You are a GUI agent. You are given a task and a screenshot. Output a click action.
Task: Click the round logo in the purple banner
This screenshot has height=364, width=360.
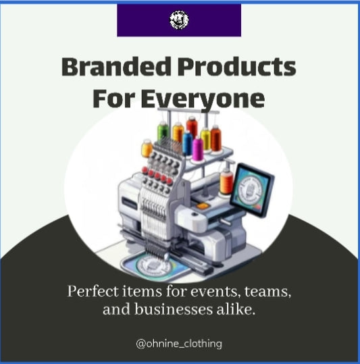click(179, 20)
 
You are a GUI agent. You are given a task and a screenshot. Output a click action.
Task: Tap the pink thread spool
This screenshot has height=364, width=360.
click(198, 149)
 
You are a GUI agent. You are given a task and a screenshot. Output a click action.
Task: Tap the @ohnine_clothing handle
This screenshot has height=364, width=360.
click(179, 344)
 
